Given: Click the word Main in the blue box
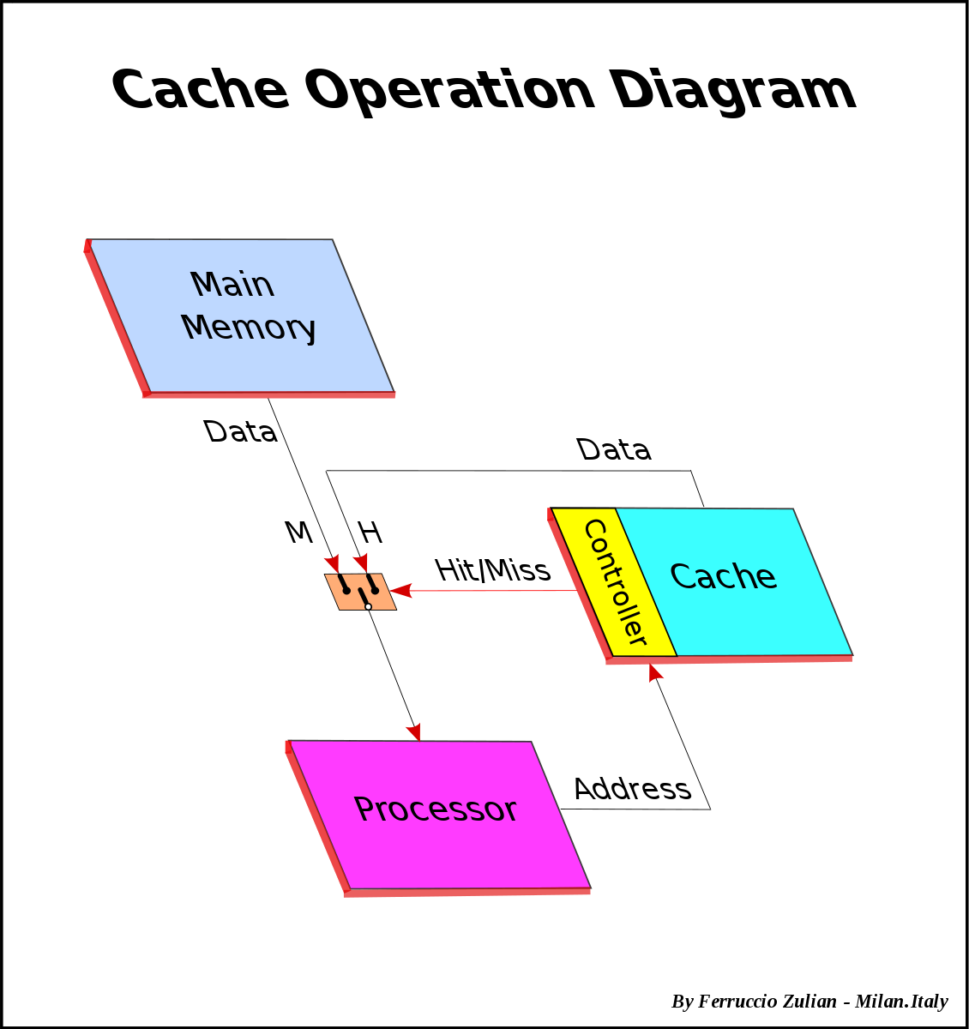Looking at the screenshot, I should (x=232, y=285).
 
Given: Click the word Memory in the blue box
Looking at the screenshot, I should (x=249, y=328).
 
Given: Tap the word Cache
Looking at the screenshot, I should (x=723, y=577).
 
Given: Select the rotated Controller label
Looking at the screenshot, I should (x=614, y=582).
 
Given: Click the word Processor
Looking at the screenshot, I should (x=435, y=809).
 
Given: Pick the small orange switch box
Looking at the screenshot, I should (x=360, y=592).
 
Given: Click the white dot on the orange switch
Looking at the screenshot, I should (x=368, y=606).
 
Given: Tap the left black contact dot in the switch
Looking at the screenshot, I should (x=346, y=590).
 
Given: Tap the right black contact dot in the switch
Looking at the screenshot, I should (x=375, y=590).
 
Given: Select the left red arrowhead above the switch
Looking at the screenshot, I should (x=333, y=563).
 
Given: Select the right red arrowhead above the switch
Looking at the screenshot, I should (x=362, y=561).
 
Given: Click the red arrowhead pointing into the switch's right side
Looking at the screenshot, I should (x=401, y=591).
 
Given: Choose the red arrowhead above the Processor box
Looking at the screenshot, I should (x=414, y=731).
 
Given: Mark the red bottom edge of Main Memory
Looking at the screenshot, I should (x=269, y=395).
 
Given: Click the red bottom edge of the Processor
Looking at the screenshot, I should (x=467, y=893).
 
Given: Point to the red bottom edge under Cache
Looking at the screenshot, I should (x=729, y=659).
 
